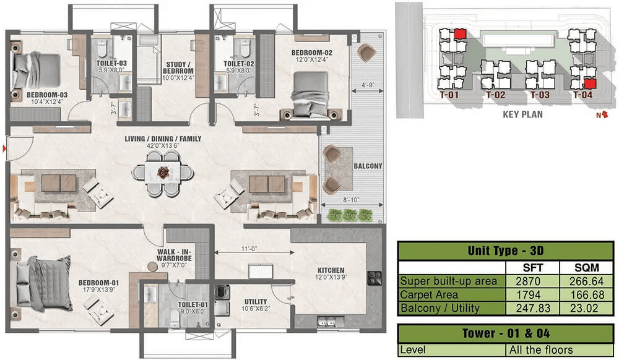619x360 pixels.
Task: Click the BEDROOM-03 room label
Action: [47, 95]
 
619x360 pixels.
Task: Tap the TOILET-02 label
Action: [239, 64]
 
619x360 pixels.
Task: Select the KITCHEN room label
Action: [331, 270]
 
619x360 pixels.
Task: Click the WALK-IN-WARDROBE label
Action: [174, 255]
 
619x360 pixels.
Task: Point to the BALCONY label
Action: [368, 166]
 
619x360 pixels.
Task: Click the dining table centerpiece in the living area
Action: [163, 173]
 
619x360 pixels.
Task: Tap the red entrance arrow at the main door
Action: [4, 148]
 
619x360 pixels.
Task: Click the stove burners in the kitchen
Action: [374, 278]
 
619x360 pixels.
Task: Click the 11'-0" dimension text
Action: [249, 249]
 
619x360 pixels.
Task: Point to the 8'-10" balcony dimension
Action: [350, 200]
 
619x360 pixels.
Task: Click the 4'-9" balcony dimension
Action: [368, 85]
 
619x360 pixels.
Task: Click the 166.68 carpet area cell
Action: [587, 294]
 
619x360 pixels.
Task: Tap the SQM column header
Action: [587, 268]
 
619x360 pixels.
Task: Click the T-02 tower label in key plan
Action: [495, 95]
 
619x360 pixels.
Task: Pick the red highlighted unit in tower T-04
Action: [589, 84]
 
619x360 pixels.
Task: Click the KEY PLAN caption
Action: [522, 114]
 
